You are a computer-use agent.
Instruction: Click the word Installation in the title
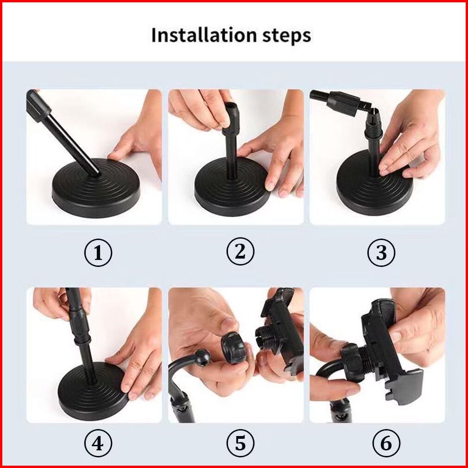click(x=203, y=35)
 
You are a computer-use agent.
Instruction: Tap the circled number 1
click(x=98, y=253)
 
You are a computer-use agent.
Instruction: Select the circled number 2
click(x=240, y=251)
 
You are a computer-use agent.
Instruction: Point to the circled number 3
click(x=381, y=253)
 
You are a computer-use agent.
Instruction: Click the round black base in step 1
click(x=96, y=188)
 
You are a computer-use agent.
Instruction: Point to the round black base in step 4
click(x=93, y=391)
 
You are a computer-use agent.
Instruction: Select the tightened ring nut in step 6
click(x=353, y=360)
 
